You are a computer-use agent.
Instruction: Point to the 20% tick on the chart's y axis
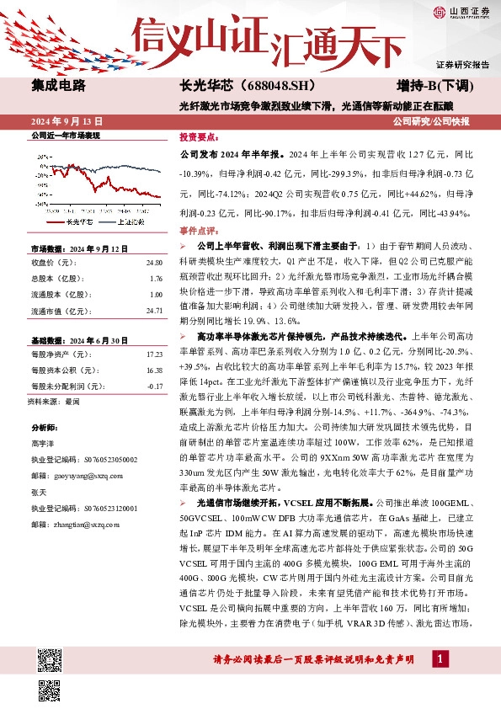click(42, 157)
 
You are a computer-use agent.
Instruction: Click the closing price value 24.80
click(153, 264)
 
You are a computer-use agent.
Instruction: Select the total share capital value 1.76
click(155, 280)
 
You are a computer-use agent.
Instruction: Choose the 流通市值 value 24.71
click(153, 312)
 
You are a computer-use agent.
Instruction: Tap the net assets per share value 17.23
click(153, 356)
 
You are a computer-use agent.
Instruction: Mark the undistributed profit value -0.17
click(154, 386)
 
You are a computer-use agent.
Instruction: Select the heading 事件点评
click(199, 230)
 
